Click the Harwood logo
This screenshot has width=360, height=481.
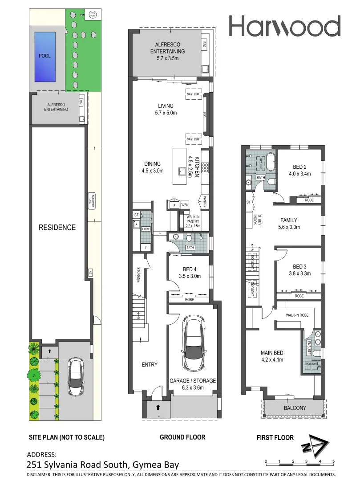(285, 26)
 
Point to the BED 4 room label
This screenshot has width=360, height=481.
(189, 269)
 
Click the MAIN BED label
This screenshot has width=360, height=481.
(272, 354)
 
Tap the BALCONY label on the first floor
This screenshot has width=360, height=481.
(295, 408)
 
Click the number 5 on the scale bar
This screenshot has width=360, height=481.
(334, 461)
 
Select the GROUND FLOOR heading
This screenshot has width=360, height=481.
(182, 437)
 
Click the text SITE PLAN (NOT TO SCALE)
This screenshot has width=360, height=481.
(66, 437)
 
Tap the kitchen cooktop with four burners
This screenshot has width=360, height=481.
(206, 167)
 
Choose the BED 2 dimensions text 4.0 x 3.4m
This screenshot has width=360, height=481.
(299, 174)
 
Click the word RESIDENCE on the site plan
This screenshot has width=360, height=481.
(57, 227)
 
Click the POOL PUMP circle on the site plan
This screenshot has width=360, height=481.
(93, 14)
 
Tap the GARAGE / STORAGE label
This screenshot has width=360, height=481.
(193, 381)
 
